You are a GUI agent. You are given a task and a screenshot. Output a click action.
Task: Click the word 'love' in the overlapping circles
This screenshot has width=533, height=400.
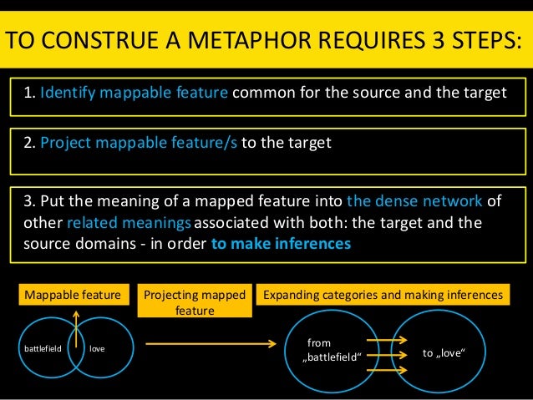pyautogui.click(x=98, y=347)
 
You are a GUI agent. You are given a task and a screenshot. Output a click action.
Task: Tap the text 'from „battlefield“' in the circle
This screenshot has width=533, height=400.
pyautogui.click(x=334, y=350)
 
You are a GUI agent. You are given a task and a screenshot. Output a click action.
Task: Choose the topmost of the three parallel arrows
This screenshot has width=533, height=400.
pyautogui.click(x=387, y=339)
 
